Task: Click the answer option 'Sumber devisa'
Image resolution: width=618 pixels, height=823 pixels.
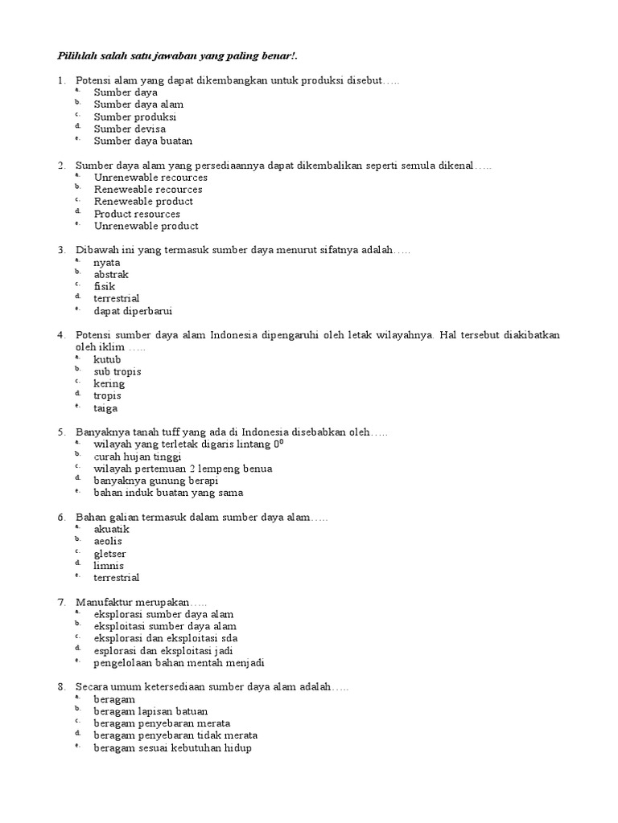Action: (x=130, y=129)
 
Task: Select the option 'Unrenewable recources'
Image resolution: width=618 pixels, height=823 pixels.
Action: (x=150, y=177)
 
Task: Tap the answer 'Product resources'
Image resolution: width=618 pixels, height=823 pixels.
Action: (x=137, y=214)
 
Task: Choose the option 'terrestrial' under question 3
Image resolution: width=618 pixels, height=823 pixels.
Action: (x=116, y=298)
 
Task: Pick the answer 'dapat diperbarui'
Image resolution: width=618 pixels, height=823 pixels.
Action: (x=133, y=311)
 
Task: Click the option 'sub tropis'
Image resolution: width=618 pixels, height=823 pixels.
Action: (x=117, y=371)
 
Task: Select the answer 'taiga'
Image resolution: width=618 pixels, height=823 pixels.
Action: (x=105, y=408)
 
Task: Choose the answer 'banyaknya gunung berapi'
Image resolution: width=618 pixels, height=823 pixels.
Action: (x=155, y=481)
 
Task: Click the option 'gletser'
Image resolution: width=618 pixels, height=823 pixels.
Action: (x=109, y=554)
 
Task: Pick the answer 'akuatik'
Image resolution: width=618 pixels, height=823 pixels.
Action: (x=111, y=529)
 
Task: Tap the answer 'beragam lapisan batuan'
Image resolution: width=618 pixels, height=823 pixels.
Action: (x=150, y=711)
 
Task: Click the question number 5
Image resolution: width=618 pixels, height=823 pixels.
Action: (x=61, y=432)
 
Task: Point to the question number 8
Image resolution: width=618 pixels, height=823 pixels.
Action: (x=61, y=687)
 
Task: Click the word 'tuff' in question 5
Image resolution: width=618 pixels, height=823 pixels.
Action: (x=177, y=432)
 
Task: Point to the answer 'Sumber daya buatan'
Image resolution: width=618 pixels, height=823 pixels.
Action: (x=143, y=141)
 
